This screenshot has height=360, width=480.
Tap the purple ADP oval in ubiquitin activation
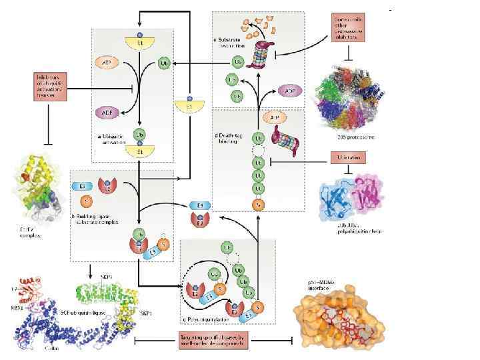point(107,111)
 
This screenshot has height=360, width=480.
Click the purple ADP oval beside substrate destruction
point(288,90)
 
